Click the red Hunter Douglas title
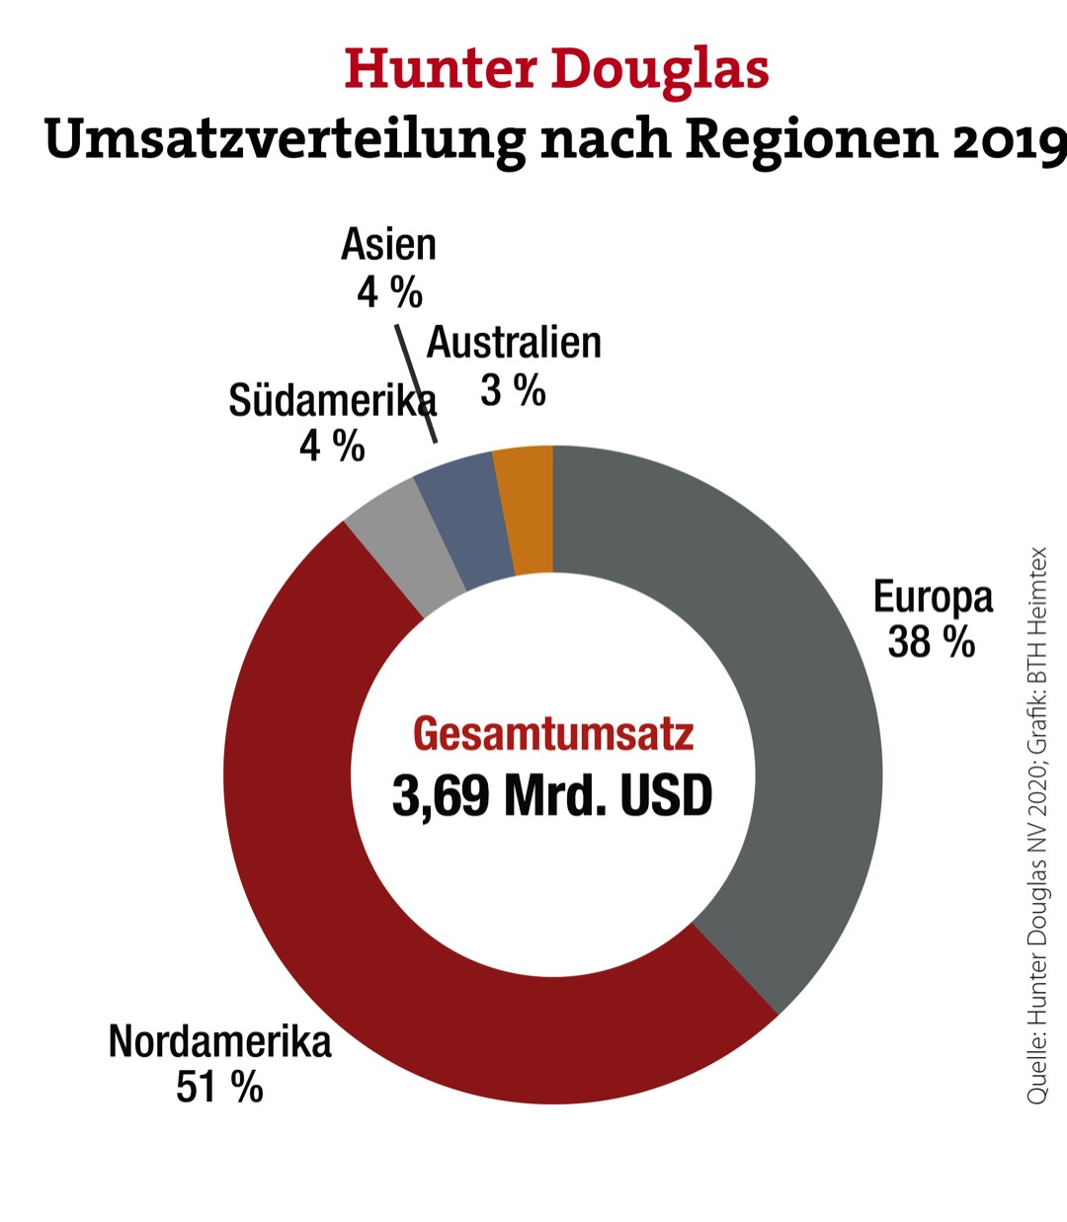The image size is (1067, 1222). pyautogui.click(x=556, y=70)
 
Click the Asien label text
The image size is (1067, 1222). pyautogui.click(x=388, y=245)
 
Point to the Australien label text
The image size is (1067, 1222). pyautogui.click(x=514, y=343)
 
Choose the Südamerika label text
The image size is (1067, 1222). pyautogui.click(x=331, y=401)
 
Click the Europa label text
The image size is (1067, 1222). pyautogui.click(x=933, y=597)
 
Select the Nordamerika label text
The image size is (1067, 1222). pyautogui.click(x=219, y=1041)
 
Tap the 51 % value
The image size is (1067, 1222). pyautogui.click(x=219, y=1088)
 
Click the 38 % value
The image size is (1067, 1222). pyautogui.click(x=931, y=642)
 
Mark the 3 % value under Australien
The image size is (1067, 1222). pyautogui.click(x=513, y=391)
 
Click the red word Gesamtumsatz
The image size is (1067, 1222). pyautogui.click(x=553, y=734)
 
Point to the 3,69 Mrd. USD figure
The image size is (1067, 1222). pyautogui.click(x=552, y=795)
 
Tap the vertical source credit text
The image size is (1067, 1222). pyautogui.click(x=1036, y=825)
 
